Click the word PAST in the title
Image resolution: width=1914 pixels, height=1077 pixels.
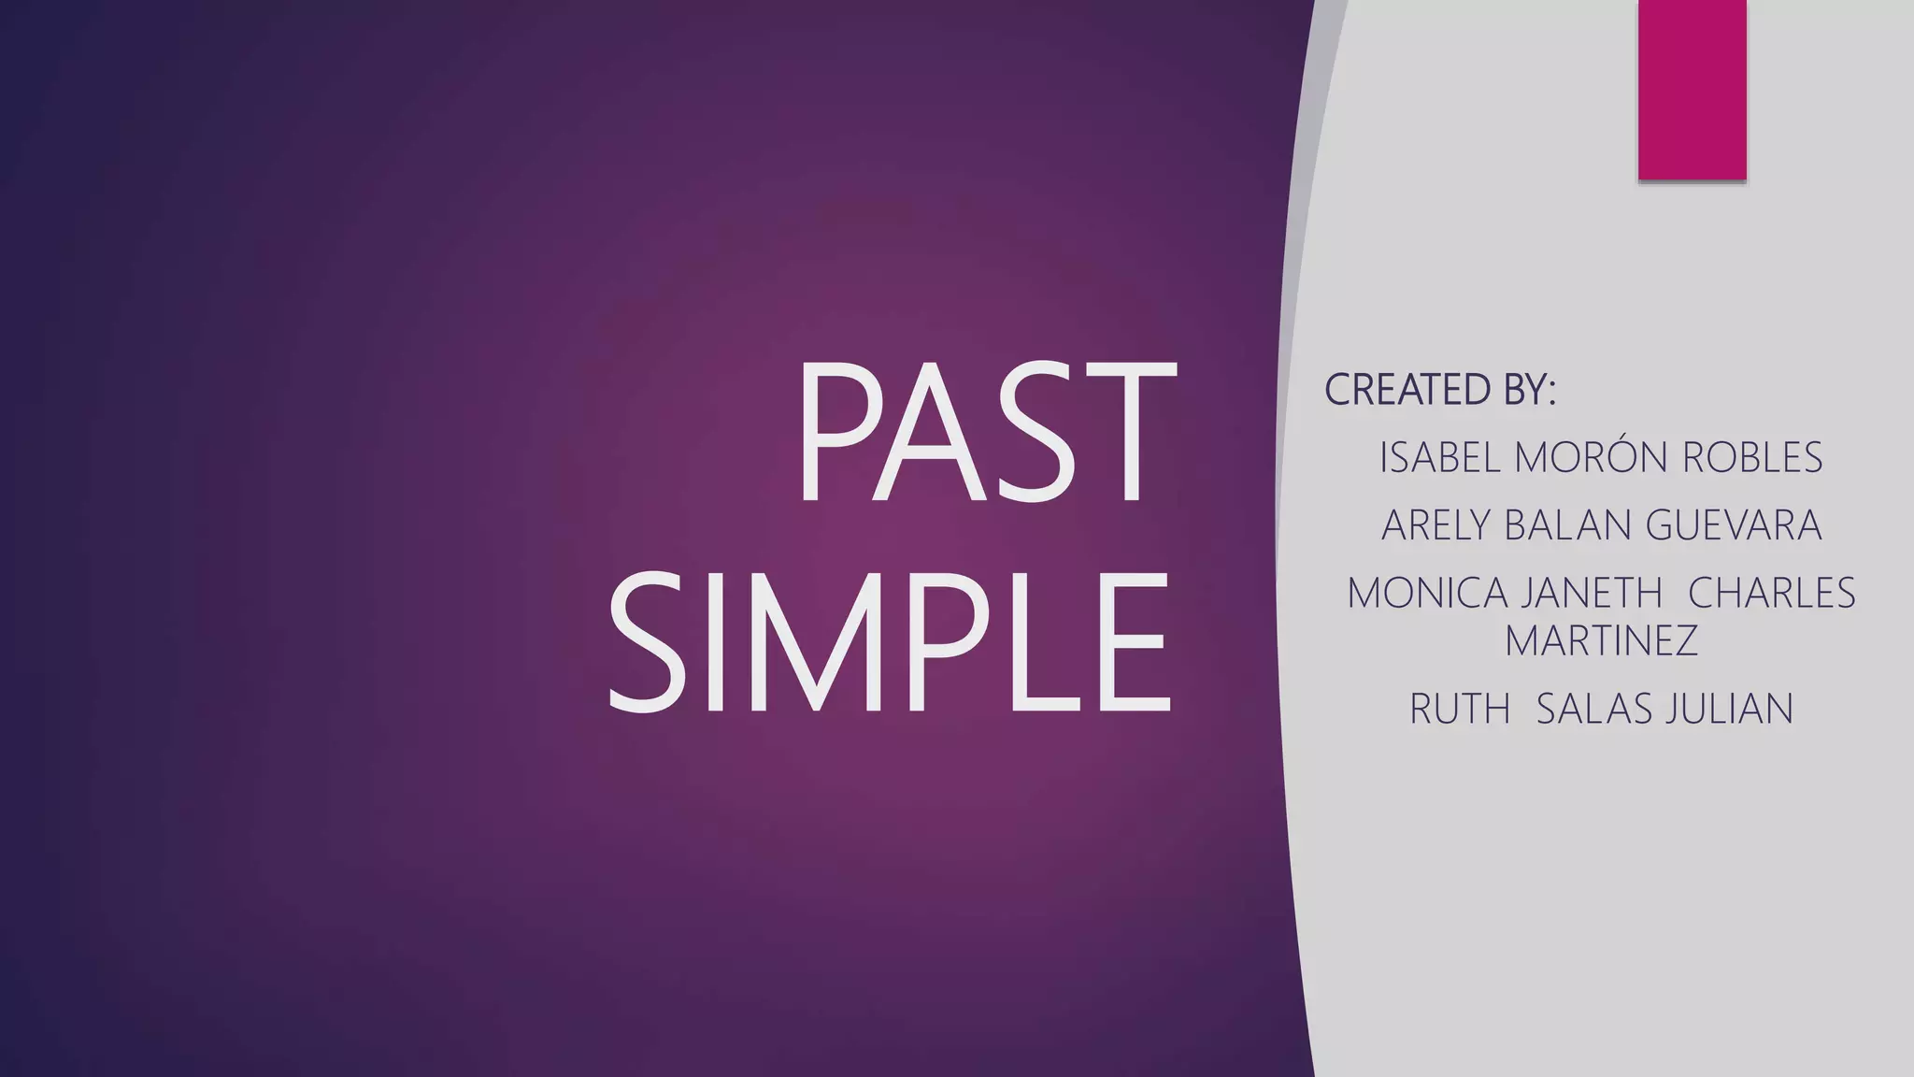(985, 433)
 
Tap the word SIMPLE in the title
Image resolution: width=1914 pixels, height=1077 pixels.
(890, 641)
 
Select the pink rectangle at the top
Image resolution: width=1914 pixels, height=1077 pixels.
(1692, 89)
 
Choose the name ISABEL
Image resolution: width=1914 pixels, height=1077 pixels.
(1440, 458)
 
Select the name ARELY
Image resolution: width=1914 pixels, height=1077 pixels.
(1436, 525)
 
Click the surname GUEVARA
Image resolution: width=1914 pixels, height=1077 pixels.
(1734, 525)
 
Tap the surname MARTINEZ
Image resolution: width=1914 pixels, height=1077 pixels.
(1601, 641)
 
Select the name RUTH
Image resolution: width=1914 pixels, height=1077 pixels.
(1460, 710)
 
